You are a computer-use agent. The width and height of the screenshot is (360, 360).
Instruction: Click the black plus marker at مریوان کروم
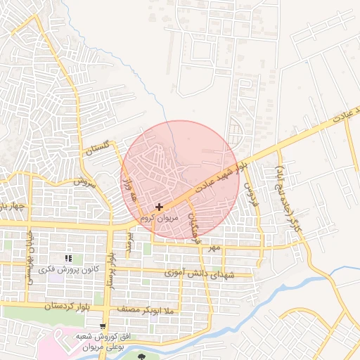point(160,207)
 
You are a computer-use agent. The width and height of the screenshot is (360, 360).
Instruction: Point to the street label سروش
point(82,181)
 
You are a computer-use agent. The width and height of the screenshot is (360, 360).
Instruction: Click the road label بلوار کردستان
point(49,307)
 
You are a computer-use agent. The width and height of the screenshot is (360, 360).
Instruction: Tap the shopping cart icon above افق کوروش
point(104,326)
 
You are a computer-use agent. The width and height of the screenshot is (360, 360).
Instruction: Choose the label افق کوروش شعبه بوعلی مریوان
point(104,341)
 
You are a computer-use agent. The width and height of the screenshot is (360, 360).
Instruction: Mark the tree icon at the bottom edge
point(143,356)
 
